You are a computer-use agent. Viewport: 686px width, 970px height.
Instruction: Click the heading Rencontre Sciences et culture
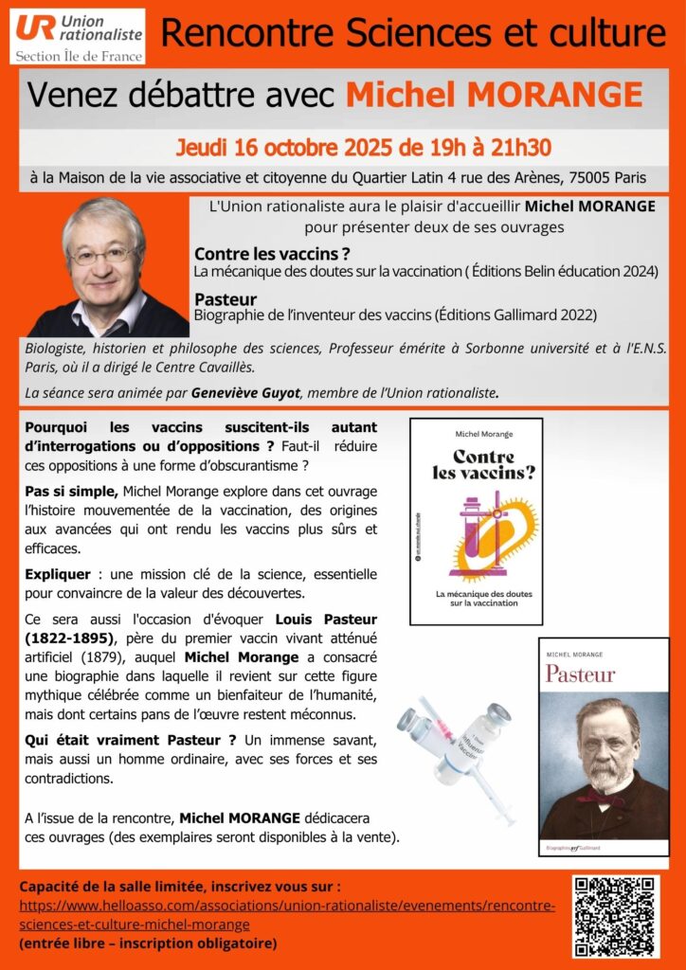[x=413, y=33]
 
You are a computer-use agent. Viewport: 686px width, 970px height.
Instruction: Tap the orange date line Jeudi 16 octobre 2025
[x=363, y=149]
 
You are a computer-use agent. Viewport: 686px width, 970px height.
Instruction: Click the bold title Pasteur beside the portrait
[x=220, y=299]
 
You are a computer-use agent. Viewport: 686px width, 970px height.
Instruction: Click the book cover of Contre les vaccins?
[x=476, y=520]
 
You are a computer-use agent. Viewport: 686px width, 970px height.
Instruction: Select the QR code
[x=614, y=915]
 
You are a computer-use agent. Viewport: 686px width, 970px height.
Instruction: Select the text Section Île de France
[x=79, y=56]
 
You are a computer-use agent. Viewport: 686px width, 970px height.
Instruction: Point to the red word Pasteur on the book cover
[x=580, y=674]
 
